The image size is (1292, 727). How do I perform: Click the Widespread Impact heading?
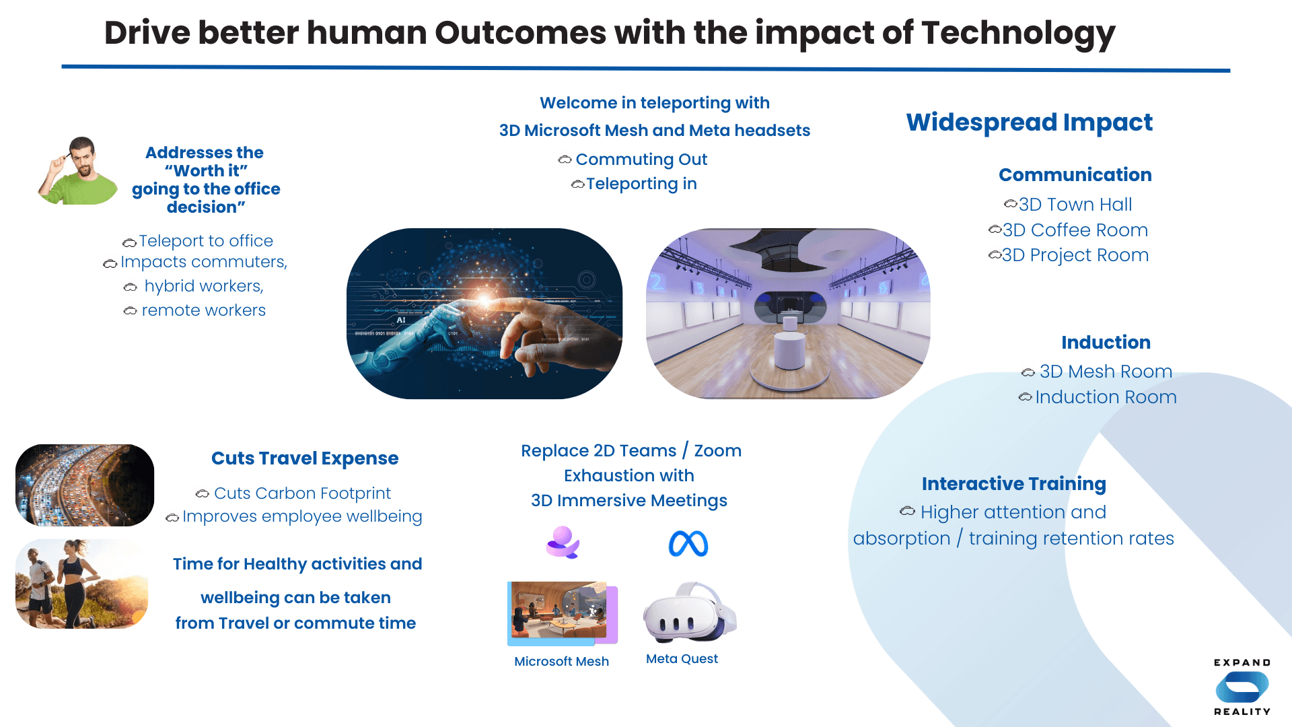(x=1029, y=123)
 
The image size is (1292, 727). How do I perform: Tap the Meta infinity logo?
(x=688, y=544)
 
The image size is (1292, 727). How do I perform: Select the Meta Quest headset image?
(x=689, y=613)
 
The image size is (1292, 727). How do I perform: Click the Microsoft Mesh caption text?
(x=561, y=661)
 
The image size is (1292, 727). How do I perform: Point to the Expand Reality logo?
(x=1242, y=687)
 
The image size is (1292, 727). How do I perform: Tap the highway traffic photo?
(x=85, y=485)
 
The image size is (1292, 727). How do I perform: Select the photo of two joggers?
(x=81, y=584)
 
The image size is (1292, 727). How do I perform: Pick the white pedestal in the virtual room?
(x=789, y=349)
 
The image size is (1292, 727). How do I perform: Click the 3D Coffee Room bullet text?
(x=1075, y=230)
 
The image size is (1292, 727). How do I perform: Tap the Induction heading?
(x=1106, y=342)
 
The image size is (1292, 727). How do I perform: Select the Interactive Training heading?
(x=1013, y=483)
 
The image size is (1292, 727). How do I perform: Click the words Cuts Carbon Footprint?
(x=302, y=493)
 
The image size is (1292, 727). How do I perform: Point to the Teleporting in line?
(x=641, y=184)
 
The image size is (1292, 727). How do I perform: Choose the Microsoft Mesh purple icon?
(x=563, y=543)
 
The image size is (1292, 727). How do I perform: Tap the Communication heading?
(x=1075, y=175)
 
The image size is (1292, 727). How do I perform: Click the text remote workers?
(x=203, y=310)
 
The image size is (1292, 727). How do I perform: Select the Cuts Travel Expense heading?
(x=304, y=458)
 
